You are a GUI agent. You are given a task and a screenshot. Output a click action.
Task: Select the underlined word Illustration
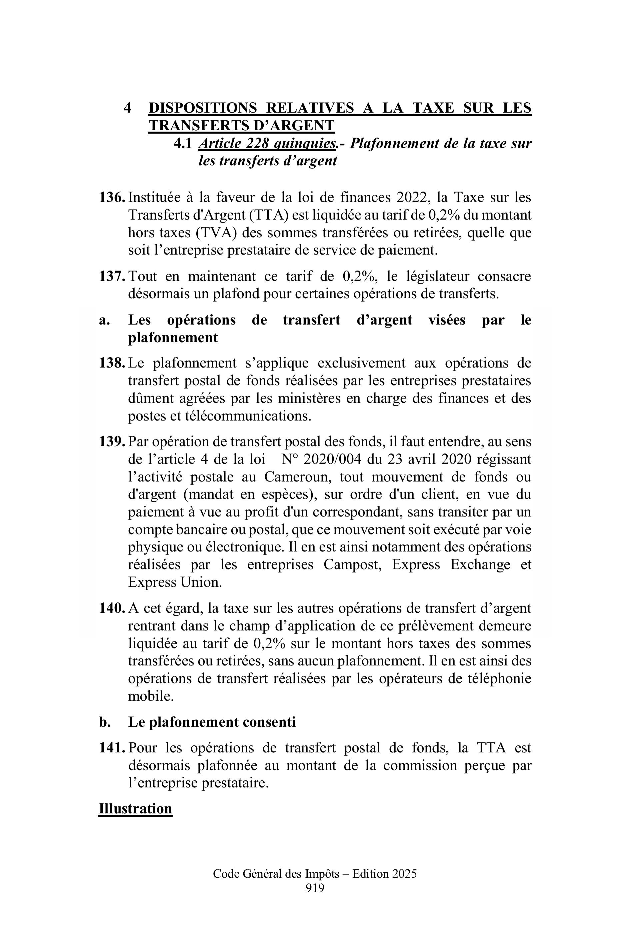point(135,808)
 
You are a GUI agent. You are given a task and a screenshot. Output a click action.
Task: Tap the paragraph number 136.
point(112,198)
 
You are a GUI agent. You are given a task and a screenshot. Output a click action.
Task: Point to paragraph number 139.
point(112,442)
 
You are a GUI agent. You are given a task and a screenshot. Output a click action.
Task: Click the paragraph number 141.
point(112,748)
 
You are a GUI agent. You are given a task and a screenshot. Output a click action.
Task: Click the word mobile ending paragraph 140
point(150,696)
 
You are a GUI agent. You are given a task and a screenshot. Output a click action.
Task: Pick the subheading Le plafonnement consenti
point(212,722)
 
